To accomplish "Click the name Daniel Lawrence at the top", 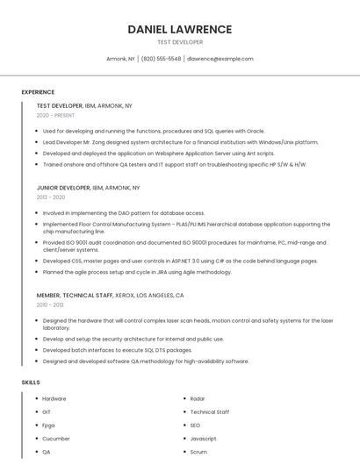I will point(180,29).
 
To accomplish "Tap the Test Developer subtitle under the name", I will point(180,42).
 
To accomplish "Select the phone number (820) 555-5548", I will point(161,59).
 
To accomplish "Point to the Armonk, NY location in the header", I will point(121,59).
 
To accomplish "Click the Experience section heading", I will point(38,92).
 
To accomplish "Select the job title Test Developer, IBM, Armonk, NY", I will point(84,105).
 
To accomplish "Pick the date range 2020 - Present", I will point(55,115).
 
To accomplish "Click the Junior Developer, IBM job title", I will point(88,188).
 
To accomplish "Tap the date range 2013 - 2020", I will point(51,197).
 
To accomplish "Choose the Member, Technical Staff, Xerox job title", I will point(103,296).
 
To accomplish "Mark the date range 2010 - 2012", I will point(51,305).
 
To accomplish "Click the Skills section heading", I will point(31,383).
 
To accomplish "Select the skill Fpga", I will point(48,425).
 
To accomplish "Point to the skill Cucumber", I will point(55,438).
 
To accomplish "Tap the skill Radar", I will point(198,398).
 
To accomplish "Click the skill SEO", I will point(195,425).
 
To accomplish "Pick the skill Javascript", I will point(203,438).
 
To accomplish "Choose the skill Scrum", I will point(198,452).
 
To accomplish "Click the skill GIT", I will point(47,411).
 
